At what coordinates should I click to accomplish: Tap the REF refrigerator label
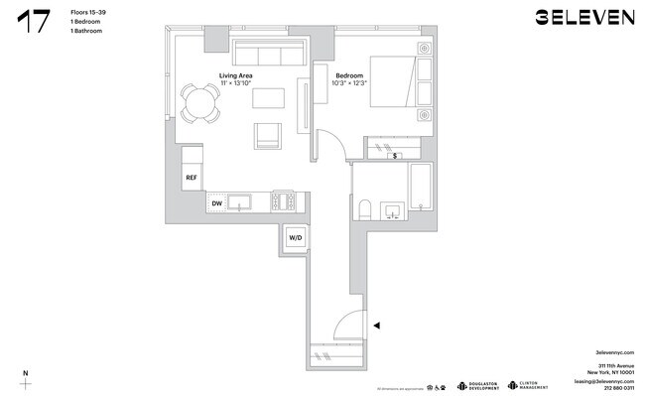click(x=192, y=178)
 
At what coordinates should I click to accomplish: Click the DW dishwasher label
click(x=216, y=203)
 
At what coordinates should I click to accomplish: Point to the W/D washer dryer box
click(x=296, y=238)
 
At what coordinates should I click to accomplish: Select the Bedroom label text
click(x=348, y=75)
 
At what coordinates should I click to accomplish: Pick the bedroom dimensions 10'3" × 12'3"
click(x=348, y=83)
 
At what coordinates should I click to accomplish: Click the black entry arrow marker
click(x=374, y=324)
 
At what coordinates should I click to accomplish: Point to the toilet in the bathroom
click(x=364, y=209)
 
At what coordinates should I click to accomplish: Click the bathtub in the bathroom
click(x=422, y=189)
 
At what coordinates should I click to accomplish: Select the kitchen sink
click(x=239, y=202)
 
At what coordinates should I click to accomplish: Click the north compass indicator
click(x=26, y=380)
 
